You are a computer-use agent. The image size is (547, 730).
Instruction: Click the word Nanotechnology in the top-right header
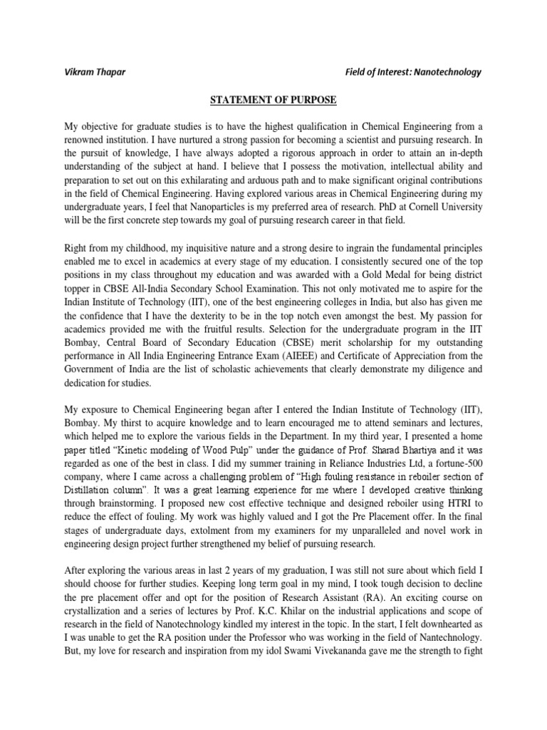pos(447,72)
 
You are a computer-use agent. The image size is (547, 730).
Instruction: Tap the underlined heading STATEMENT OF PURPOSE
pos(273,100)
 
